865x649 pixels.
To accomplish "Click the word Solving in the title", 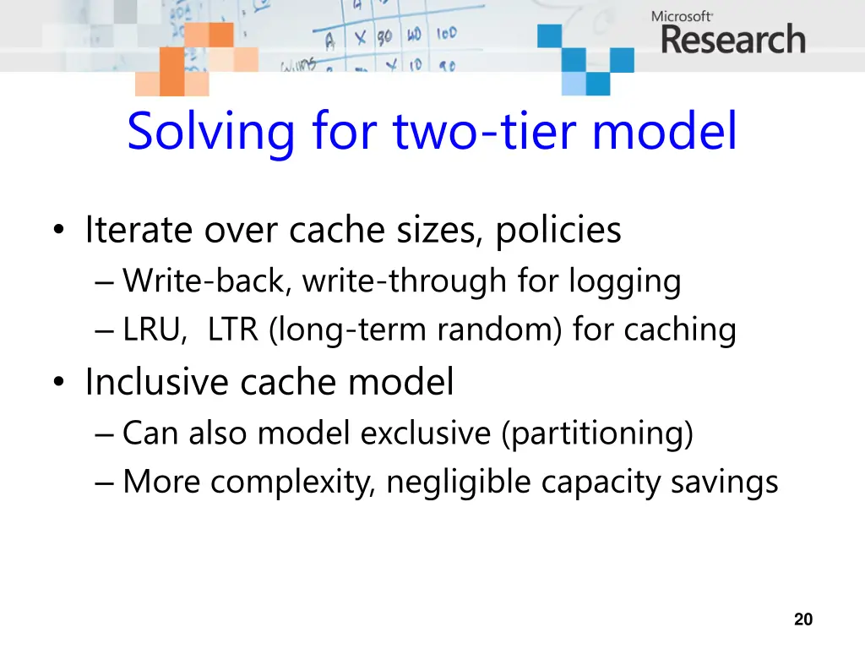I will pyautogui.click(x=211, y=132).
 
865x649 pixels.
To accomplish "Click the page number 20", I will pyautogui.click(x=803, y=619).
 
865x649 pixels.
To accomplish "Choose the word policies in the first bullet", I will pyautogui.click(x=558, y=230).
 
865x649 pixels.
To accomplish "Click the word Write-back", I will pyautogui.click(x=208, y=281).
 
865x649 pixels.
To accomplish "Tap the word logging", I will pyautogui.click(x=624, y=281).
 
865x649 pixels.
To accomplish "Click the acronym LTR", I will pyautogui.click(x=233, y=330).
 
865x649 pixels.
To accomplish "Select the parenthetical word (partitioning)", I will pyautogui.click(x=596, y=434).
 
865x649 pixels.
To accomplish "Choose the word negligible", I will pyautogui.click(x=460, y=483).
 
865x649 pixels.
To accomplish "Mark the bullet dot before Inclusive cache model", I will pyautogui.click(x=57, y=384).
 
